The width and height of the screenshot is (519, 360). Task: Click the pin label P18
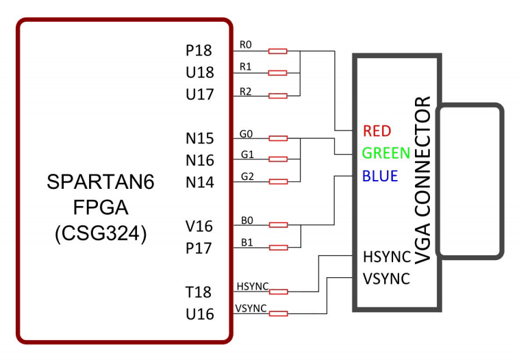coord(199,51)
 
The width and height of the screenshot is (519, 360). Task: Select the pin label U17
coord(199,95)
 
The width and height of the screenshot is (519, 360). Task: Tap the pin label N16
coord(200,161)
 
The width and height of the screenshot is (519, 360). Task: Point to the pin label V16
coord(199,227)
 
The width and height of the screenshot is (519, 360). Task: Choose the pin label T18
coord(200,292)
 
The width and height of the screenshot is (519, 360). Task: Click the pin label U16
coord(200,314)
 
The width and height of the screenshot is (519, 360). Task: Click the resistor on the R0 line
coord(277,51)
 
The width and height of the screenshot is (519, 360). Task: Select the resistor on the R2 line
coord(277,95)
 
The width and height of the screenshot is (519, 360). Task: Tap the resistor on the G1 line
coord(277,160)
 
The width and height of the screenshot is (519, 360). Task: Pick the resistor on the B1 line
coord(277,247)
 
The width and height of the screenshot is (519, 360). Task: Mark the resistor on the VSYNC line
coord(277,313)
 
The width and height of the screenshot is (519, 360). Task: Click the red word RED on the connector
coord(377,131)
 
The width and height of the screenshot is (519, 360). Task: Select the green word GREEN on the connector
coord(386,153)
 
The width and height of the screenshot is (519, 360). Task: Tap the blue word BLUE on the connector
coord(380,176)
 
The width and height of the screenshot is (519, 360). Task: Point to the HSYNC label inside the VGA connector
coord(386,257)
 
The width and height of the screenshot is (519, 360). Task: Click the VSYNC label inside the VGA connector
coord(386,279)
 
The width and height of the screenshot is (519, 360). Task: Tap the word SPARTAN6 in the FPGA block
coord(101,182)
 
